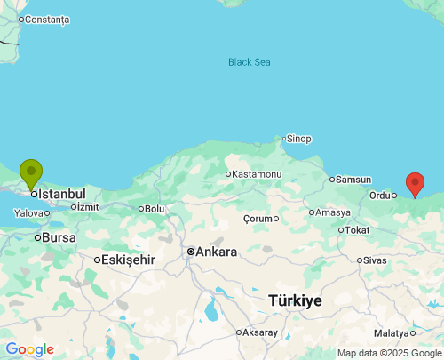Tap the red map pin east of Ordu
click(415, 183)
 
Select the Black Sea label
click(249, 62)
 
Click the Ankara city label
click(216, 252)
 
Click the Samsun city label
click(353, 180)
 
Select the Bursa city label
click(59, 238)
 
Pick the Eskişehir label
click(129, 260)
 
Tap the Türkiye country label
click(295, 301)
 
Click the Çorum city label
click(259, 218)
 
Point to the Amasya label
click(333, 212)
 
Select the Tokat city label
click(357, 230)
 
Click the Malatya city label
click(391, 333)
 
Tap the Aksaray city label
click(260, 332)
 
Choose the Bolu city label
click(155, 209)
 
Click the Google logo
click(29, 349)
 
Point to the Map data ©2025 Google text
click(388, 353)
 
